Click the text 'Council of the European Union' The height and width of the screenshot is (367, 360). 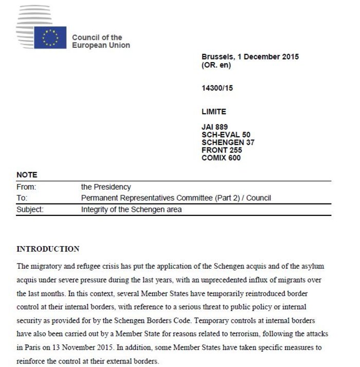click(x=101, y=41)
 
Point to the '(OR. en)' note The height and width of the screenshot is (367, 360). click(x=217, y=65)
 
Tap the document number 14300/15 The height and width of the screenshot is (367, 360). click(x=218, y=88)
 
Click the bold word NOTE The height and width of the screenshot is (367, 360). click(x=27, y=175)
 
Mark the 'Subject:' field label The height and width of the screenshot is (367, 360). click(x=30, y=210)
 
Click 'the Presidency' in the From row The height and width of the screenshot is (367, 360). click(x=106, y=188)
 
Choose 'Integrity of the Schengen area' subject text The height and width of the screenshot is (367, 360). click(x=132, y=210)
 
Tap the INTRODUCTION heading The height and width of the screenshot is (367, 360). click(x=48, y=249)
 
